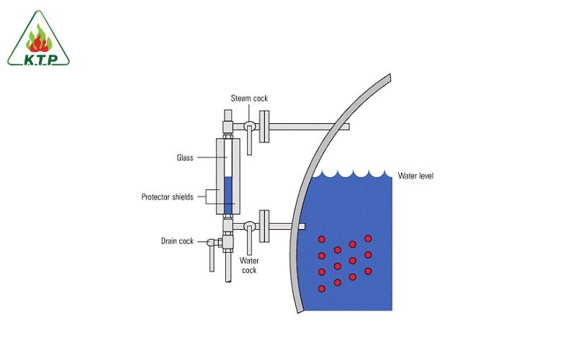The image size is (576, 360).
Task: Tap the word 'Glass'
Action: [x=185, y=157]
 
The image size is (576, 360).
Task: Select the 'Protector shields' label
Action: [x=167, y=196]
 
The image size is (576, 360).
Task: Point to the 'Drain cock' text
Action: [x=177, y=241]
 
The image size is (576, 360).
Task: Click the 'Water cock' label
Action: [x=248, y=265]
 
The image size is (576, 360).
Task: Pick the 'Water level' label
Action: [x=416, y=176]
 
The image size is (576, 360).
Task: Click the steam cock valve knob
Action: [x=248, y=125]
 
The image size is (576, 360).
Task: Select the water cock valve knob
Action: [x=248, y=225]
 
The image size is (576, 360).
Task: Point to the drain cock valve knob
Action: [x=212, y=243]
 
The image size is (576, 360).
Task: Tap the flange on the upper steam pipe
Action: [x=264, y=126]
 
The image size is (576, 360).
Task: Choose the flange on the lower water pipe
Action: [x=264, y=226]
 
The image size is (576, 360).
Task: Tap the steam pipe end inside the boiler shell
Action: [x=344, y=127]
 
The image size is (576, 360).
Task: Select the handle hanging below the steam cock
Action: [x=249, y=144]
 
